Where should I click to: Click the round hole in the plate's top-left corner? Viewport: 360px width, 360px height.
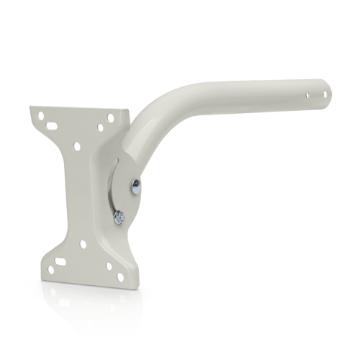click(x=41, y=115)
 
